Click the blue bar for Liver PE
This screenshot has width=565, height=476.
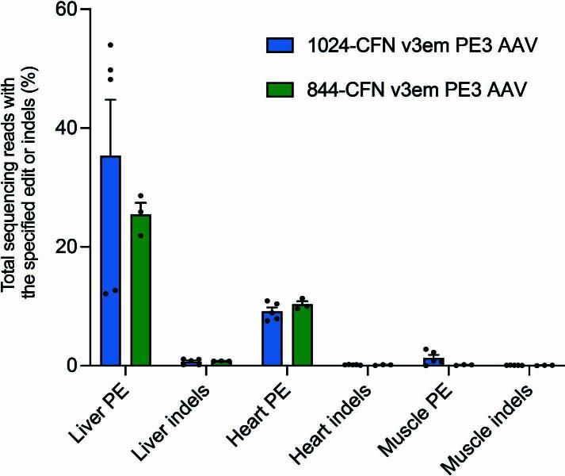[110, 262]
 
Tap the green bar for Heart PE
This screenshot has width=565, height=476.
[302, 335]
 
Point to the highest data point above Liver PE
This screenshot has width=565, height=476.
[110, 44]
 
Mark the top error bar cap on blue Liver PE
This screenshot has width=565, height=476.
[110, 100]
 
